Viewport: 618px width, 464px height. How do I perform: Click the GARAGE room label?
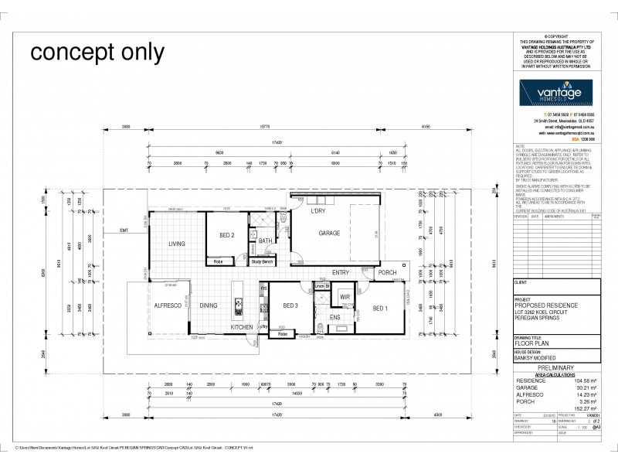click(x=330, y=233)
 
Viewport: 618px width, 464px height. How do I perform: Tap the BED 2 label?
click(x=227, y=235)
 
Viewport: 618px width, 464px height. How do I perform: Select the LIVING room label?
click(x=178, y=244)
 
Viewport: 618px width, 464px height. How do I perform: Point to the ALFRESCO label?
click(x=167, y=305)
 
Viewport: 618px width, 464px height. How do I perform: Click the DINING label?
click(x=209, y=305)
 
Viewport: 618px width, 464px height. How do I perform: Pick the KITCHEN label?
click(x=241, y=328)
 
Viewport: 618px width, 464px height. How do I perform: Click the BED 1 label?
click(x=380, y=309)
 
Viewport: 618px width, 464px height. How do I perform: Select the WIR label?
click(x=345, y=296)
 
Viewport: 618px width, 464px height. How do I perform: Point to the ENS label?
click(x=335, y=317)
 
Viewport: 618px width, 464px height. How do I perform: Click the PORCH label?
click(x=386, y=273)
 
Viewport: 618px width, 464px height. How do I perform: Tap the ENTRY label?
click(x=341, y=272)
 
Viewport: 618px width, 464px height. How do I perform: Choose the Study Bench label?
click(x=263, y=261)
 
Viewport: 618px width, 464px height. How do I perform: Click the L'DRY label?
click(x=317, y=211)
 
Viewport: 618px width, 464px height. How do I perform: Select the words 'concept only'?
click(x=97, y=53)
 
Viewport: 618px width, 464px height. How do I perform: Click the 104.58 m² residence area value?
click(x=587, y=381)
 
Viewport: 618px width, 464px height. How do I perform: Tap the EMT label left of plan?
click(x=124, y=230)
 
